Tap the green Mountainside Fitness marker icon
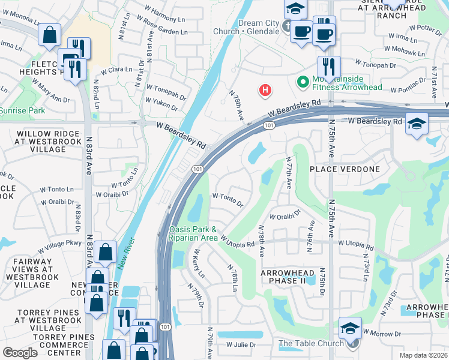click(303, 80)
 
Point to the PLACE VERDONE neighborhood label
click(345, 169)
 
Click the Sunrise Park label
click(22, 110)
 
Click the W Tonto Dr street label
click(228, 199)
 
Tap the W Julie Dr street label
click(241, 345)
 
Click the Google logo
click(20, 353)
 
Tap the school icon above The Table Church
click(350, 328)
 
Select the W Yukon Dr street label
click(157, 106)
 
